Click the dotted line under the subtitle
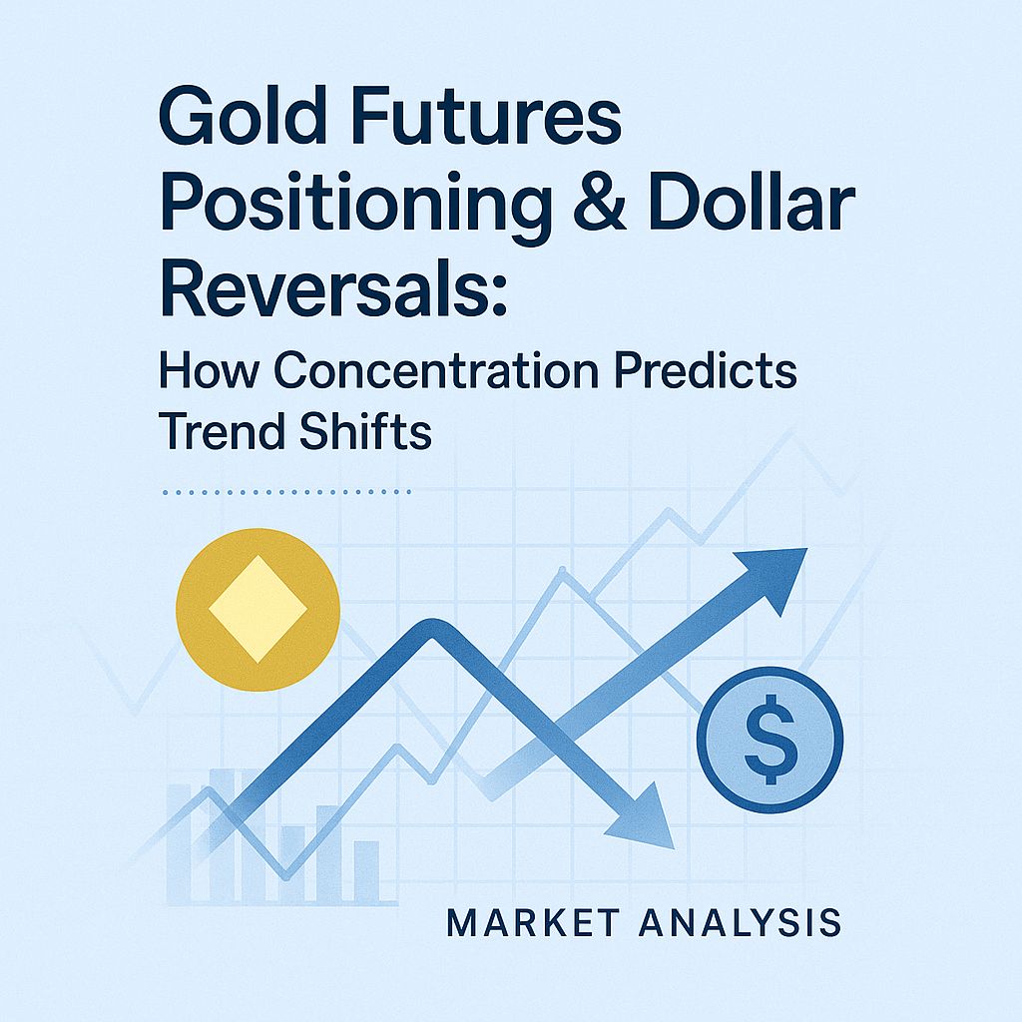285,492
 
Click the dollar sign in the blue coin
769,740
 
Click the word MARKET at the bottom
528,922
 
